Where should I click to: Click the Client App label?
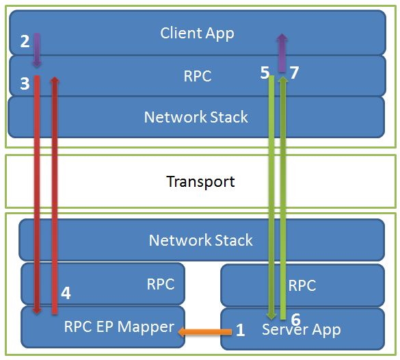(x=197, y=33)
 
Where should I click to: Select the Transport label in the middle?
(x=200, y=181)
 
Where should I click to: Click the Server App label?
(x=302, y=329)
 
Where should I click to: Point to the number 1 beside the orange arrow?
(x=240, y=331)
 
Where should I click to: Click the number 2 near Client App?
(x=25, y=41)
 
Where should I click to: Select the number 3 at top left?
(x=25, y=83)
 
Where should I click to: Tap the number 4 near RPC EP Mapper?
(x=66, y=293)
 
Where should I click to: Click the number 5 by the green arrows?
(x=265, y=73)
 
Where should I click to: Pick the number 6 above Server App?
(x=295, y=319)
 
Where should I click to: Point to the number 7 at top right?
(x=294, y=73)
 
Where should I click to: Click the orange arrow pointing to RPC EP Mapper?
(x=204, y=332)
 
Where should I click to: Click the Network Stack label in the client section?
(x=196, y=117)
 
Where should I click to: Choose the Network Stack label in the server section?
(x=200, y=240)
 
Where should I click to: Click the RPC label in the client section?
(x=197, y=76)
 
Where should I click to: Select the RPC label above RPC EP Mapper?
(x=161, y=284)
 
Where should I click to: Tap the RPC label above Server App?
(x=302, y=285)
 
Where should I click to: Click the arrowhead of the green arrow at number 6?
(x=271, y=315)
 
